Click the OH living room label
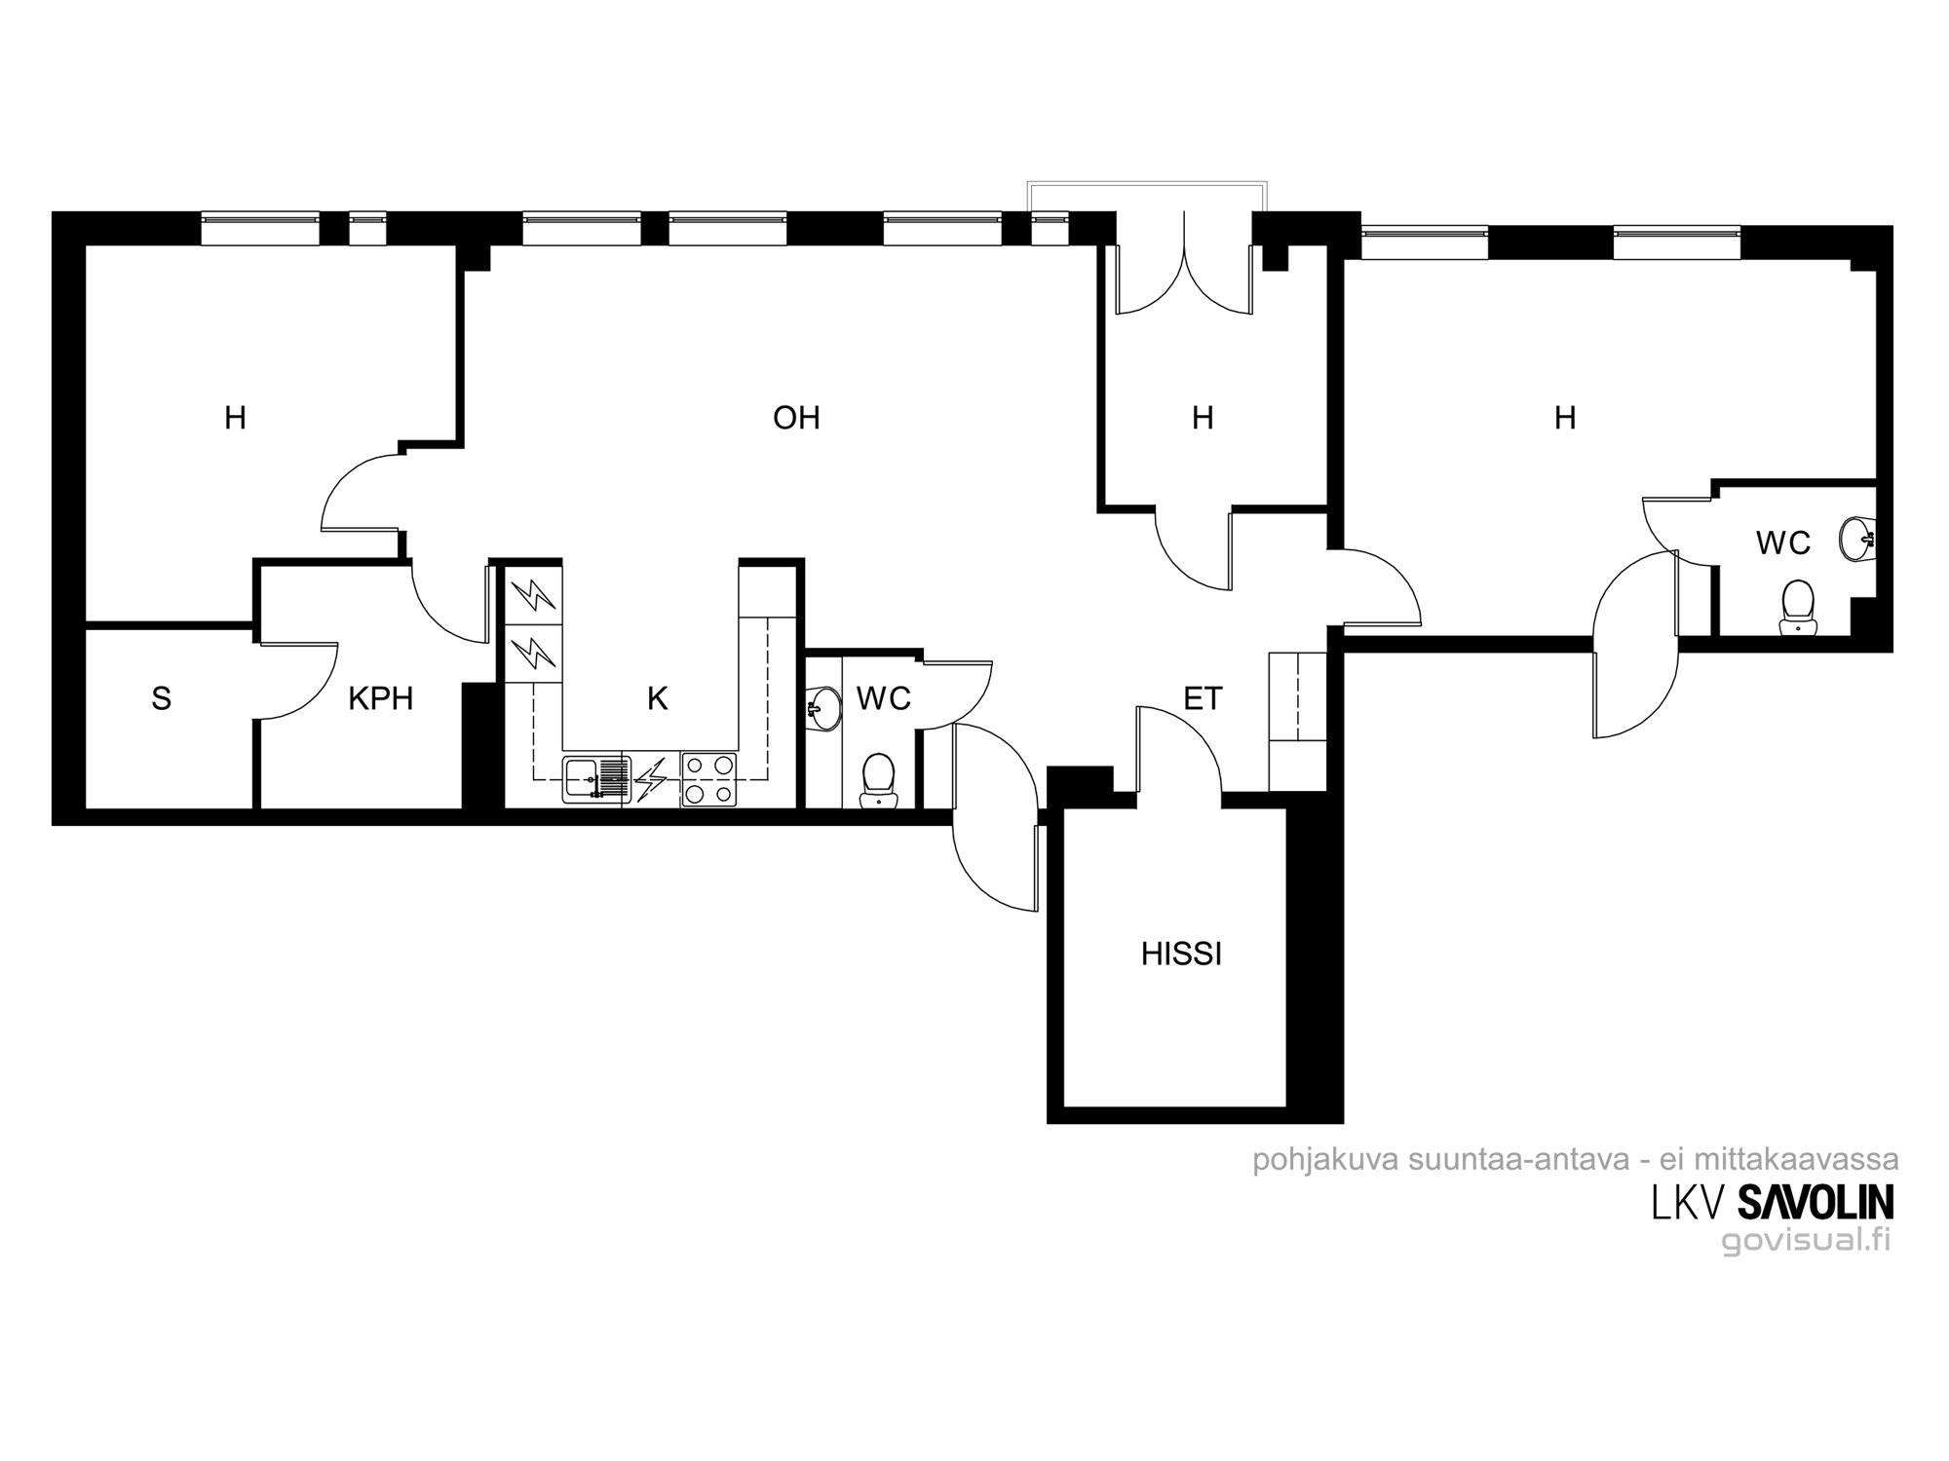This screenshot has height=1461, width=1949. click(x=796, y=418)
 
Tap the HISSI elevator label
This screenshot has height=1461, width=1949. click(x=1181, y=954)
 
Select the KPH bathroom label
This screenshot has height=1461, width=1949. click(x=381, y=698)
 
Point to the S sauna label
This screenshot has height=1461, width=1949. click(x=162, y=698)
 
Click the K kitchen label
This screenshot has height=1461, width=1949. click(x=658, y=698)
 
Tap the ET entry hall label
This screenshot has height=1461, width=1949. click(x=1203, y=698)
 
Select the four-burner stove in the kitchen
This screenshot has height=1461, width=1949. click(x=708, y=779)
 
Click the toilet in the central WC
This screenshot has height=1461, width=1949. click(x=878, y=779)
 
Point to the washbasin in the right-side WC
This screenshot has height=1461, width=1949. click(x=1856, y=537)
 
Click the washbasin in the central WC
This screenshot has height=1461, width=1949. click(x=824, y=707)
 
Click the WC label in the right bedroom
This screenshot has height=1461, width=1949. click(x=1783, y=543)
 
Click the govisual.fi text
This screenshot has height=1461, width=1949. click(x=1806, y=1241)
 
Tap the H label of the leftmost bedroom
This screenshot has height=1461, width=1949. click(x=235, y=418)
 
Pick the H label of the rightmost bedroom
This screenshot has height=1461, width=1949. click(x=1565, y=418)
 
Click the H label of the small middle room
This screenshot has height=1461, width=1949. click(x=1203, y=418)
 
